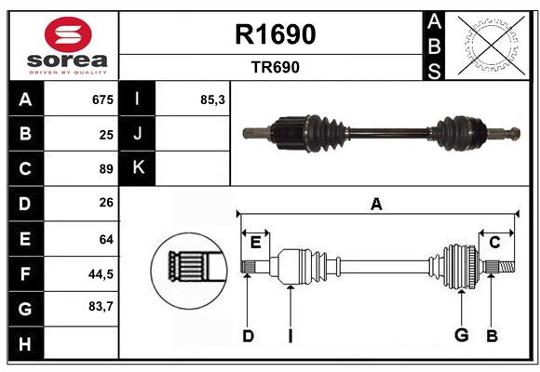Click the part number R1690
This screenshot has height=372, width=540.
(x=275, y=34)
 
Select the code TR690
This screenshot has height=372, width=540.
(x=275, y=67)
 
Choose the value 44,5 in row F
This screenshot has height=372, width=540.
(x=101, y=273)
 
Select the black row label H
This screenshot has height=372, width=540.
(x=25, y=345)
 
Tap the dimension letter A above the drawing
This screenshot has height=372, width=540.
(x=376, y=205)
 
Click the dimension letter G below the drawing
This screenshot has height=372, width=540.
(x=460, y=336)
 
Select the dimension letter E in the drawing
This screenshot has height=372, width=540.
(x=255, y=243)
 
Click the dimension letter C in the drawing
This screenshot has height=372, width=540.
(x=494, y=243)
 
